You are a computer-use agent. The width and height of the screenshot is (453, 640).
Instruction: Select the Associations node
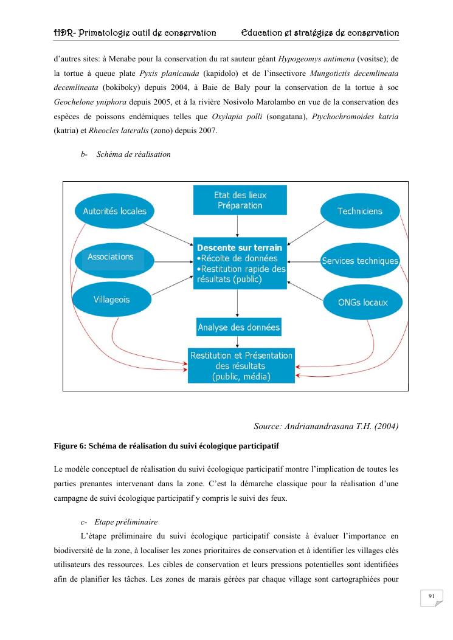(x=111, y=258)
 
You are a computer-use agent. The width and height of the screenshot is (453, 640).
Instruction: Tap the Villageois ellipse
(x=111, y=300)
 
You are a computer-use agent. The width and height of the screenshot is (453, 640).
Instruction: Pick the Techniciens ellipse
(x=360, y=212)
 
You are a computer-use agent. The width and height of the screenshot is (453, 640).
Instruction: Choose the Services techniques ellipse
(x=360, y=261)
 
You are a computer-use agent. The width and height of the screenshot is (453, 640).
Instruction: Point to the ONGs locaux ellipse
(x=362, y=302)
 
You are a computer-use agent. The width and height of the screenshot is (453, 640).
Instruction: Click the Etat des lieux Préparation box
(x=240, y=200)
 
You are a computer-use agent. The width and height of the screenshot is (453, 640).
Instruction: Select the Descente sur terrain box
(x=240, y=264)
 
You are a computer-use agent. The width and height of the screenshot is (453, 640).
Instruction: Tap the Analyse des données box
(x=239, y=328)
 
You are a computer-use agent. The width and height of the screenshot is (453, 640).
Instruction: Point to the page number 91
(x=431, y=597)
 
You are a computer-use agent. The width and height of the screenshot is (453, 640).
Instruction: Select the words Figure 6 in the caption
(x=69, y=447)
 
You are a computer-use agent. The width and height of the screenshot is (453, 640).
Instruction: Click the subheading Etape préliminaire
(x=126, y=521)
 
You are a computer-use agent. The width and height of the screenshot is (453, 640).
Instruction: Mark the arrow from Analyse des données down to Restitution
(x=238, y=342)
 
